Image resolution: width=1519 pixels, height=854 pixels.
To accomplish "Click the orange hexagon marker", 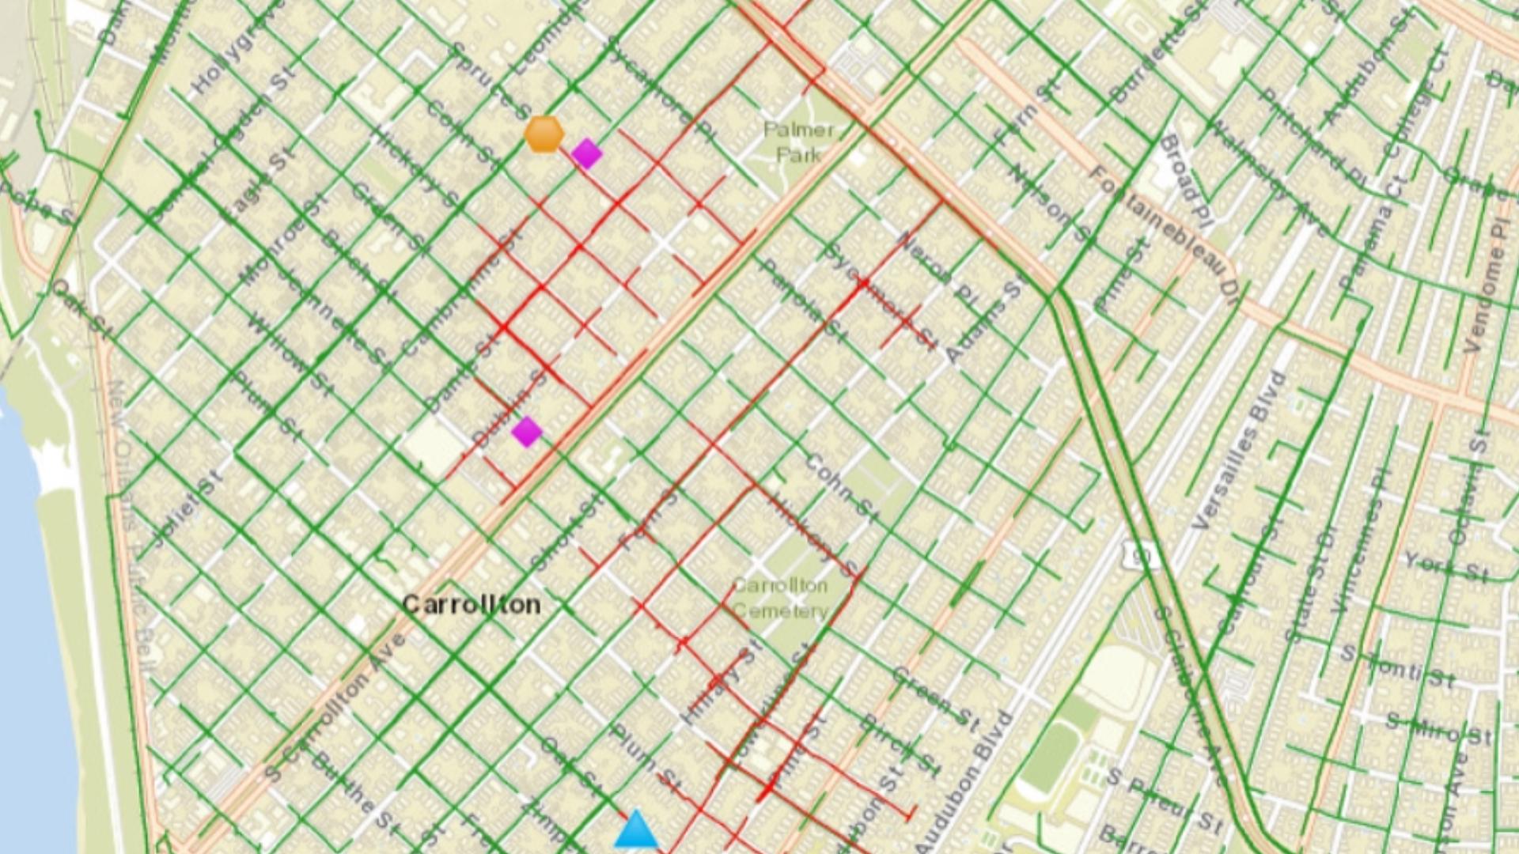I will click(x=544, y=134).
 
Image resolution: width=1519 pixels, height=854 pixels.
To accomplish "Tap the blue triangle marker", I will click(x=636, y=830).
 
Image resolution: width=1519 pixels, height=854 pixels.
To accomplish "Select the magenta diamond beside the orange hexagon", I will click(x=586, y=153).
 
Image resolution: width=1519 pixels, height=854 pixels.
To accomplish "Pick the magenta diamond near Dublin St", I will click(x=527, y=432).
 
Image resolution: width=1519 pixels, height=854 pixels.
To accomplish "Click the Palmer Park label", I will click(x=798, y=142).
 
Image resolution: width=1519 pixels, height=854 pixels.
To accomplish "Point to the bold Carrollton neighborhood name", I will click(x=472, y=605).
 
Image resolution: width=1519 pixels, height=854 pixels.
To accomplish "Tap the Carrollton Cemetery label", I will click(x=780, y=598).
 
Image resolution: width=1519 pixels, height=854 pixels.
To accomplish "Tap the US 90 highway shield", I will click(x=1139, y=557).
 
